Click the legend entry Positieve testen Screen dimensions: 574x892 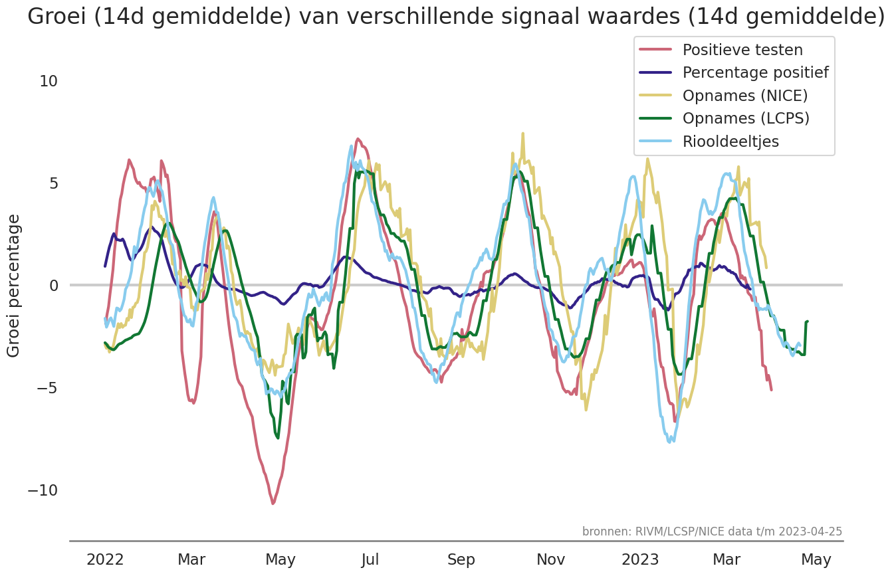tap(742, 50)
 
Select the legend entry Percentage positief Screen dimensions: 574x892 tap(755, 72)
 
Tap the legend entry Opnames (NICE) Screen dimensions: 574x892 tap(744, 96)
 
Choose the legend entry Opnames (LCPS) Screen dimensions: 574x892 tap(746, 118)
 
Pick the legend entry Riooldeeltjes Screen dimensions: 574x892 tap(730, 142)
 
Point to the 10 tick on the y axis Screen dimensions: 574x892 tap(49, 81)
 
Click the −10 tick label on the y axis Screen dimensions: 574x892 tap(43, 490)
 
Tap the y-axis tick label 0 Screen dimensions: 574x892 tap(53, 286)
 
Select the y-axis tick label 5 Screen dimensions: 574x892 tap(53, 183)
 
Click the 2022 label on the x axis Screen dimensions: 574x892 tap(105, 560)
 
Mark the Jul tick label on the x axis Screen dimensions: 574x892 tap(370, 560)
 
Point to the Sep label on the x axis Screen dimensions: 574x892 tap(461, 560)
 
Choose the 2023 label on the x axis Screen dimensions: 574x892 tap(640, 560)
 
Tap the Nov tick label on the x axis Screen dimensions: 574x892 tap(551, 560)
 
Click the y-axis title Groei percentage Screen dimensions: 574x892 tap(14, 286)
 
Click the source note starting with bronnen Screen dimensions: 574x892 tap(712, 531)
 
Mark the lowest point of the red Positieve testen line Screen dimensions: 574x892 tap(273, 504)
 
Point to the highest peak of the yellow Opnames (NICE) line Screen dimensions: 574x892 tap(523, 133)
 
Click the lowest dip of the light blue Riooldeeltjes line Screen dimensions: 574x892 tap(671, 442)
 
